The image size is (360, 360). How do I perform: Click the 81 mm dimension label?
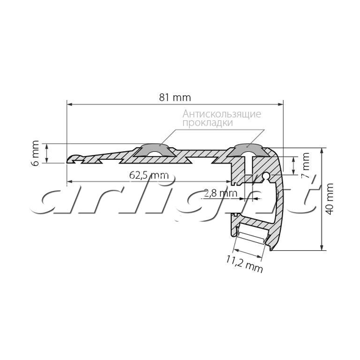[175, 98]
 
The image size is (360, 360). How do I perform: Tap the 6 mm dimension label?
[35, 153]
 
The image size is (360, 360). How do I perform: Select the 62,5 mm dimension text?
[149, 175]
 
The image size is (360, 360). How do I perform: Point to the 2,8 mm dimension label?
[220, 193]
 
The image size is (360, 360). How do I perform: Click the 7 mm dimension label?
[305, 165]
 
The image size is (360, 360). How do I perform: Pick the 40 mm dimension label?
[329, 199]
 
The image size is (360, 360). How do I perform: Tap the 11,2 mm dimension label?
[244, 264]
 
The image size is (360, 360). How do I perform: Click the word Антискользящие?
[221, 114]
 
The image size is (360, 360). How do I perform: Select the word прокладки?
[207, 123]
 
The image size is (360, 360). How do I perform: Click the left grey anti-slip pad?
[155, 149]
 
